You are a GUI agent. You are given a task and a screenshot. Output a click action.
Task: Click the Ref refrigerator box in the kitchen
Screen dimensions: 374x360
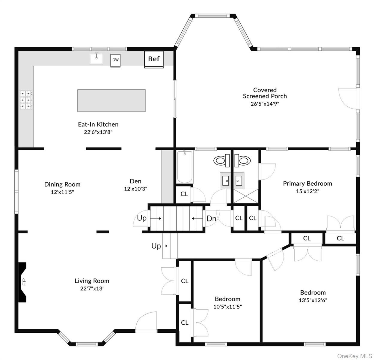[154, 59]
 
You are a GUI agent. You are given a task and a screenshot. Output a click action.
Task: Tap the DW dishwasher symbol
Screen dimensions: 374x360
[115, 60]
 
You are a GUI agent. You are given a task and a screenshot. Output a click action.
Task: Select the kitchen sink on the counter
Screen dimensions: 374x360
[96, 59]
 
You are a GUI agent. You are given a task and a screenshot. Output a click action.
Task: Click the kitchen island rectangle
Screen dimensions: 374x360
[111, 100]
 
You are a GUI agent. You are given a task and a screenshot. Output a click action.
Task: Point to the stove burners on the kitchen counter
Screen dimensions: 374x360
[26, 100]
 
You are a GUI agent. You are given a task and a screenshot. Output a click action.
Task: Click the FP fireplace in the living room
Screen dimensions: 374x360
[22, 282]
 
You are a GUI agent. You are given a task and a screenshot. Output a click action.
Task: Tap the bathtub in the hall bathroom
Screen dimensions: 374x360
[185, 167]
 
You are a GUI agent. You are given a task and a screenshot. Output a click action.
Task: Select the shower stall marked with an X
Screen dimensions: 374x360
[246, 196]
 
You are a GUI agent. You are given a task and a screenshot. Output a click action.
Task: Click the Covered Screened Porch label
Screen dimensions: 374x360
[265, 93]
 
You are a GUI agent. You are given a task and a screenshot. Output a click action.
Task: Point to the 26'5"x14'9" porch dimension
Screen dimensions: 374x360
[265, 104]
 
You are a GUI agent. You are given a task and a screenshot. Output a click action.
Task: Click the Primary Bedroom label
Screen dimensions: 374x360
[307, 183]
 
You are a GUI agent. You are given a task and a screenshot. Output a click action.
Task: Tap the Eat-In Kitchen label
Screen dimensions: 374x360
[98, 124]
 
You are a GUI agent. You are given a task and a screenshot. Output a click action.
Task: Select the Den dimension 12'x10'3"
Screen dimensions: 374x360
[135, 189]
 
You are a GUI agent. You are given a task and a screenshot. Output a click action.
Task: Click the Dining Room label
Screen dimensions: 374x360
[62, 184]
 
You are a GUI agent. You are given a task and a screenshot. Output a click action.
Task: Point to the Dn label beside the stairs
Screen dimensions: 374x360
[211, 219]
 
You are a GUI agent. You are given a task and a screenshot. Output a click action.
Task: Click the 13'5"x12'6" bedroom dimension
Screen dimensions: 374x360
[313, 300]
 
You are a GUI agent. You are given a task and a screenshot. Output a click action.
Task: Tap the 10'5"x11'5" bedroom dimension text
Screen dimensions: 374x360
[227, 307]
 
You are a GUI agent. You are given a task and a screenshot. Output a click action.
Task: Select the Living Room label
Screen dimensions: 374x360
[92, 281]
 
